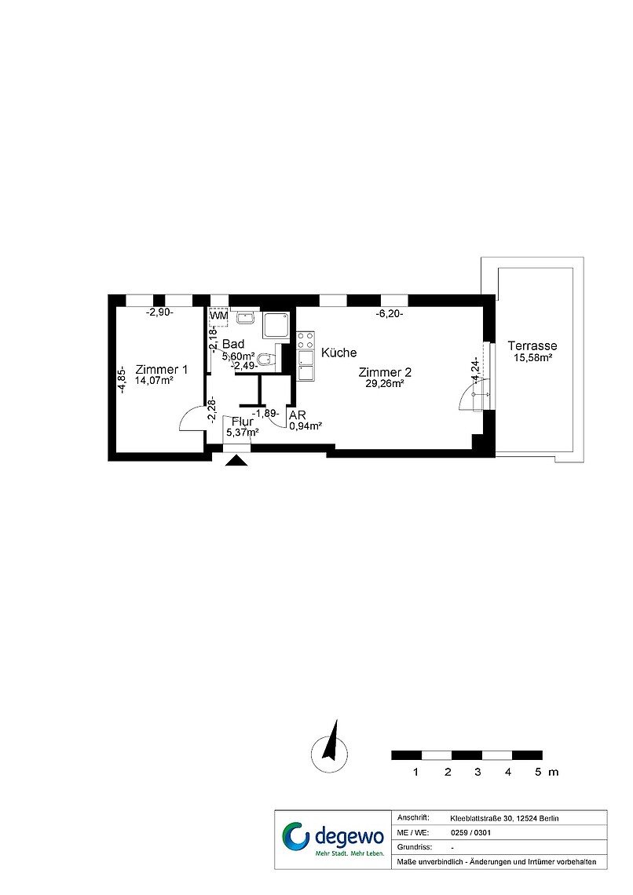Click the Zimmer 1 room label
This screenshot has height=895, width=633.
pos(162,370)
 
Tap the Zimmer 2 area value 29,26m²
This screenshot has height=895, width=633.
pos(385,384)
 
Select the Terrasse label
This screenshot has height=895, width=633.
pos(532,346)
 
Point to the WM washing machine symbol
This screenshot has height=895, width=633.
pos(218,316)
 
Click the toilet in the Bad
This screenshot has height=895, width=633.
pos(266,360)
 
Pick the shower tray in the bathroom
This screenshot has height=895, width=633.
pos(276,326)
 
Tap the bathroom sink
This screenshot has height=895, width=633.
pos(247,317)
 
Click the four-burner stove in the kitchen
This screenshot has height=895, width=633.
pos(306,341)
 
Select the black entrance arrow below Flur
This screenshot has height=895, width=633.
pos(236,460)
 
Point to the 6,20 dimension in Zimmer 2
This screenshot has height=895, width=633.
pos(390,313)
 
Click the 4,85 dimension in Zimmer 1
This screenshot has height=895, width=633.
pos(121,379)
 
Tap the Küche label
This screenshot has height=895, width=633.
pos(339,353)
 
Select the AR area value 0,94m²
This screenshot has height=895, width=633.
pos(306,426)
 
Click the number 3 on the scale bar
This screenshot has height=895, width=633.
pos(477,773)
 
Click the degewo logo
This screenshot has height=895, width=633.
pos(333,839)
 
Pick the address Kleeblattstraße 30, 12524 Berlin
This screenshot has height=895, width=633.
pos(504,819)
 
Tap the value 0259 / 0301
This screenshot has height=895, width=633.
pos(471,833)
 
